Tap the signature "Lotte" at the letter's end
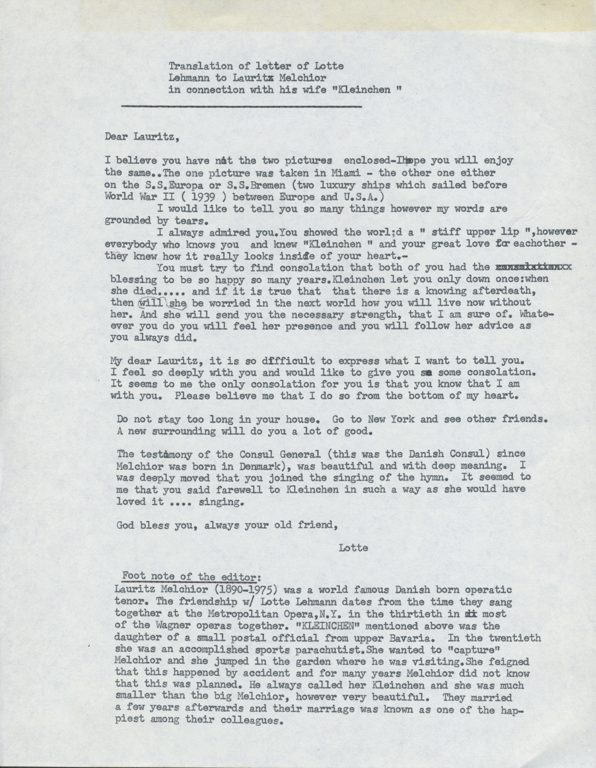(x=354, y=547)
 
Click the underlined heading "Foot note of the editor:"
(x=192, y=577)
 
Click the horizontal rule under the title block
(x=241, y=105)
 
